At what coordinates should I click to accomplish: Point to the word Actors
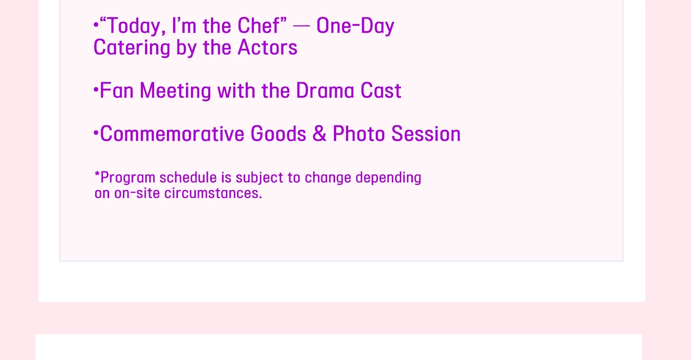pyautogui.click(x=267, y=47)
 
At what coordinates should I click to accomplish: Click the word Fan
pyautogui.click(x=117, y=90)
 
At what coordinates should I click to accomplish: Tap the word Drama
pyautogui.click(x=325, y=90)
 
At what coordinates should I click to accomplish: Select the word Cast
pyautogui.click(x=381, y=90)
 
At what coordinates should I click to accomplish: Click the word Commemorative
pyautogui.click(x=172, y=134)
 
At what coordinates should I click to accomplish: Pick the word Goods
pyautogui.click(x=279, y=134)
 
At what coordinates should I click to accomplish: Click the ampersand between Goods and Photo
pyautogui.click(x=319, y=134)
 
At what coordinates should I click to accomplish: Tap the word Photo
pyautogui.click(x=359, y=134)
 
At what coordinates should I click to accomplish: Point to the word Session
pyautogui.click(x=426, y=134)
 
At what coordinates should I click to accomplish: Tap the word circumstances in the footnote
pyautogui.click(x=213, y=193)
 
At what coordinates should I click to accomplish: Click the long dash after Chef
pyautogui.click(x=301, y=26)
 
